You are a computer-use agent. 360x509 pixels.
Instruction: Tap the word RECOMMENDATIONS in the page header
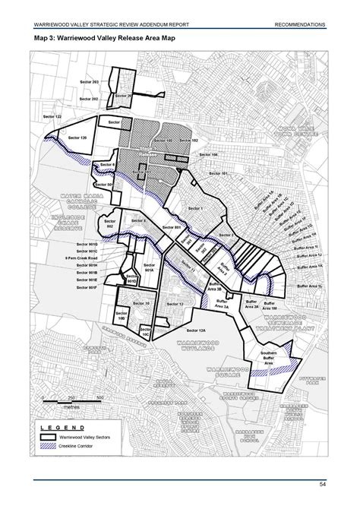[301, 25]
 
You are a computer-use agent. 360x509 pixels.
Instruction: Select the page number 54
[322, 485]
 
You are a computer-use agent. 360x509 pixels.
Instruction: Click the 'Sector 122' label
[47, 115]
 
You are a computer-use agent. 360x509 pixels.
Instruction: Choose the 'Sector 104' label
[209, 154]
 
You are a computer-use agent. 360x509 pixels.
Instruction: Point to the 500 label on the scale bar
[100, 397]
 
